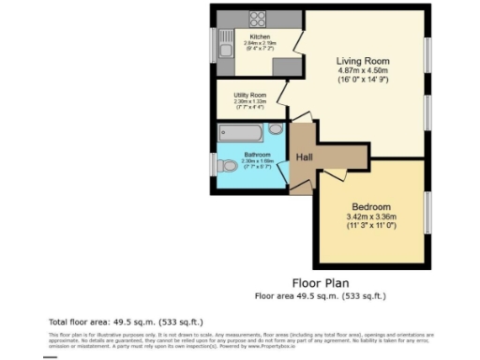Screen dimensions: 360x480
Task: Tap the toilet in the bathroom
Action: (227, 166)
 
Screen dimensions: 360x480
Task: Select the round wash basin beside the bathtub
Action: (275, 128)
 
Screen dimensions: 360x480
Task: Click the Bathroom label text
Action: (257, 155)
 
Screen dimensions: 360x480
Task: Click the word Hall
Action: (305, 157)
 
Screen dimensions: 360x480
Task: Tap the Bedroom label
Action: (371, 206)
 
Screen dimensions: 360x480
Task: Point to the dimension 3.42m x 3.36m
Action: (371, 217)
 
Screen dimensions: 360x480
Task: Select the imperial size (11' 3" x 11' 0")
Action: (371, 226)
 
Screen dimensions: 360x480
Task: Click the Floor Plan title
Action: (321, 282)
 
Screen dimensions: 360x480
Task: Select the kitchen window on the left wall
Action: (212, 43)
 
